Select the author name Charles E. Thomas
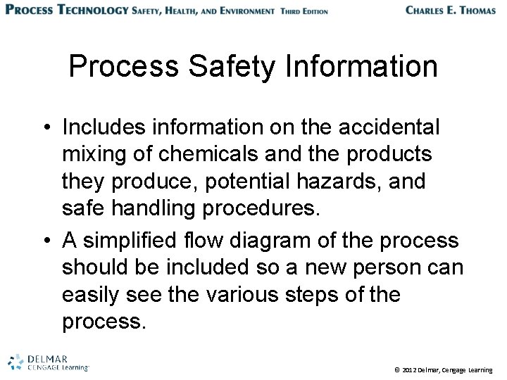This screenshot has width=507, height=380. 451,11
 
